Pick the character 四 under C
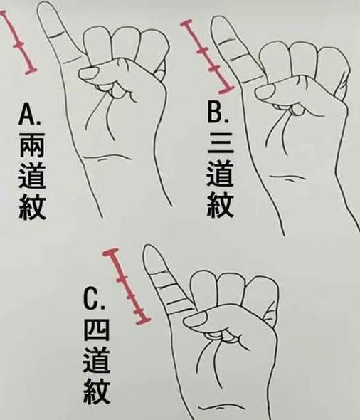96,331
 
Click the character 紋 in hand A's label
32,207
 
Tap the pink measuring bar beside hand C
127,287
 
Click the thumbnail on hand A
88,73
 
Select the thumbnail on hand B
265,91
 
